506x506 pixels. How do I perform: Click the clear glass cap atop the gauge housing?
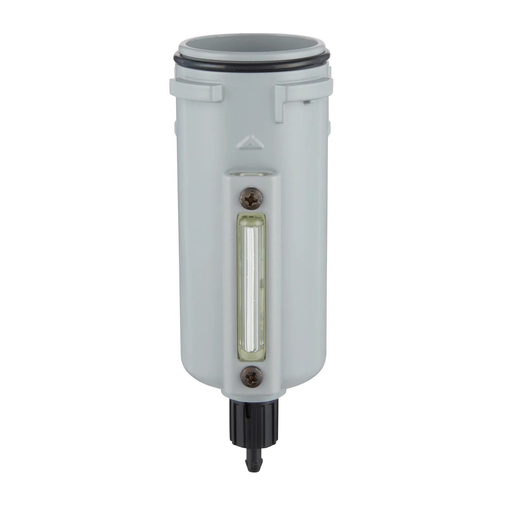251,174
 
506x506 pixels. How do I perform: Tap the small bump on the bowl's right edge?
329,126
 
